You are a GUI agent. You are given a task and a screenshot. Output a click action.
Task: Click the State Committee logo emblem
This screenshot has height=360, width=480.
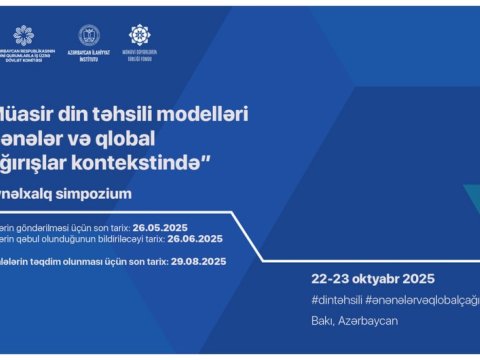pyautogui.click(x=22, y=35)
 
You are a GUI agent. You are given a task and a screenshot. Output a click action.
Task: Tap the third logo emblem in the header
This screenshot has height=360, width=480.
pyautogui.click(x=140, y=35)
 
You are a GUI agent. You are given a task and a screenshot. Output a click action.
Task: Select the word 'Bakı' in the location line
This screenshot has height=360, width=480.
pyautogui.click(x=322, y=320)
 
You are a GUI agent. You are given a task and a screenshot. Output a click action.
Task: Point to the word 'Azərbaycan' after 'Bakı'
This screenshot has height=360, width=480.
pyautogui.click(x=365, y=320)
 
